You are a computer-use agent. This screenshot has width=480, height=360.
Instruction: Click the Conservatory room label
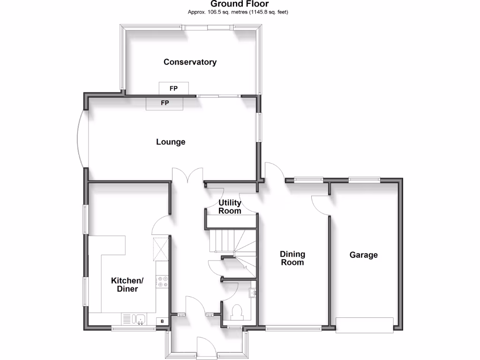click(x=190, y=62)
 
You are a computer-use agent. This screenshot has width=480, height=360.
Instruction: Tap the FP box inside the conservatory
click(x=173, y=88)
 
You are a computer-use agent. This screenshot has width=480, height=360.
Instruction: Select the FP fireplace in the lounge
click(x=165, y=103)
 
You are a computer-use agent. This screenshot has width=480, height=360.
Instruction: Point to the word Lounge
click(x=171, y=142)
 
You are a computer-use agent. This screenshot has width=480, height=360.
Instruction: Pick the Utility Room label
click(x=230, y=207)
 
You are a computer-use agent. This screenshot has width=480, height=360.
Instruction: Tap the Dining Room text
click(x=292, y=258)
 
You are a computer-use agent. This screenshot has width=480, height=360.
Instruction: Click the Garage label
click(x=363, y=255)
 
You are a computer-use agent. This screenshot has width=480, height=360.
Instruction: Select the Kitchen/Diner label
click(x=127, y=285)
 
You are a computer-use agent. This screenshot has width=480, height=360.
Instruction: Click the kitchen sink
click(x=140, y=320)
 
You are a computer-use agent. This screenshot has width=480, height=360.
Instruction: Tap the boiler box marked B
click(x=162, y=321)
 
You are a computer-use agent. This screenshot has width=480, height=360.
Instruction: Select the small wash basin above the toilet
click(x=253, y=293)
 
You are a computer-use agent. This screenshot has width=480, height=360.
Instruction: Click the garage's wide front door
click(x=364, y=325)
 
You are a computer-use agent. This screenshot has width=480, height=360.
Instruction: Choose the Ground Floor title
click(x=240, y=4)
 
